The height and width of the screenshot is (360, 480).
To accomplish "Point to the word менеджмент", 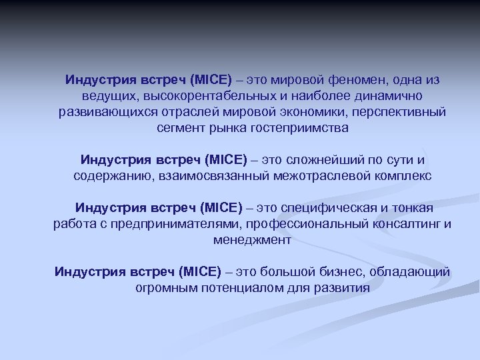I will pos(252,239).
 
